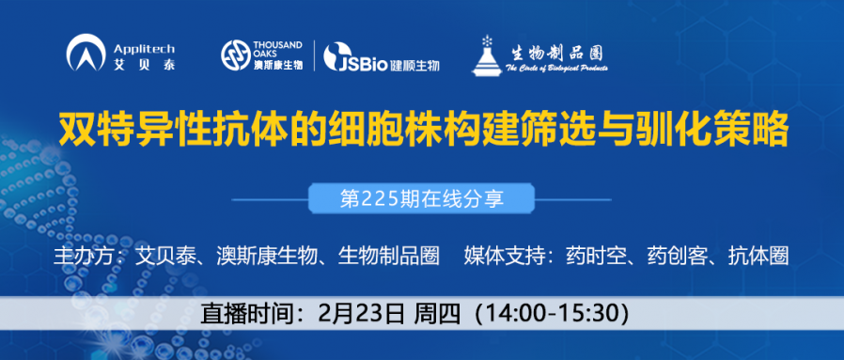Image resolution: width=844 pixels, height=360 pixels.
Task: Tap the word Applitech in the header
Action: click(142, 48)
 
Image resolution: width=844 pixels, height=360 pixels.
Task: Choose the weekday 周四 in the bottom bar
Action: click(435, 313)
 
